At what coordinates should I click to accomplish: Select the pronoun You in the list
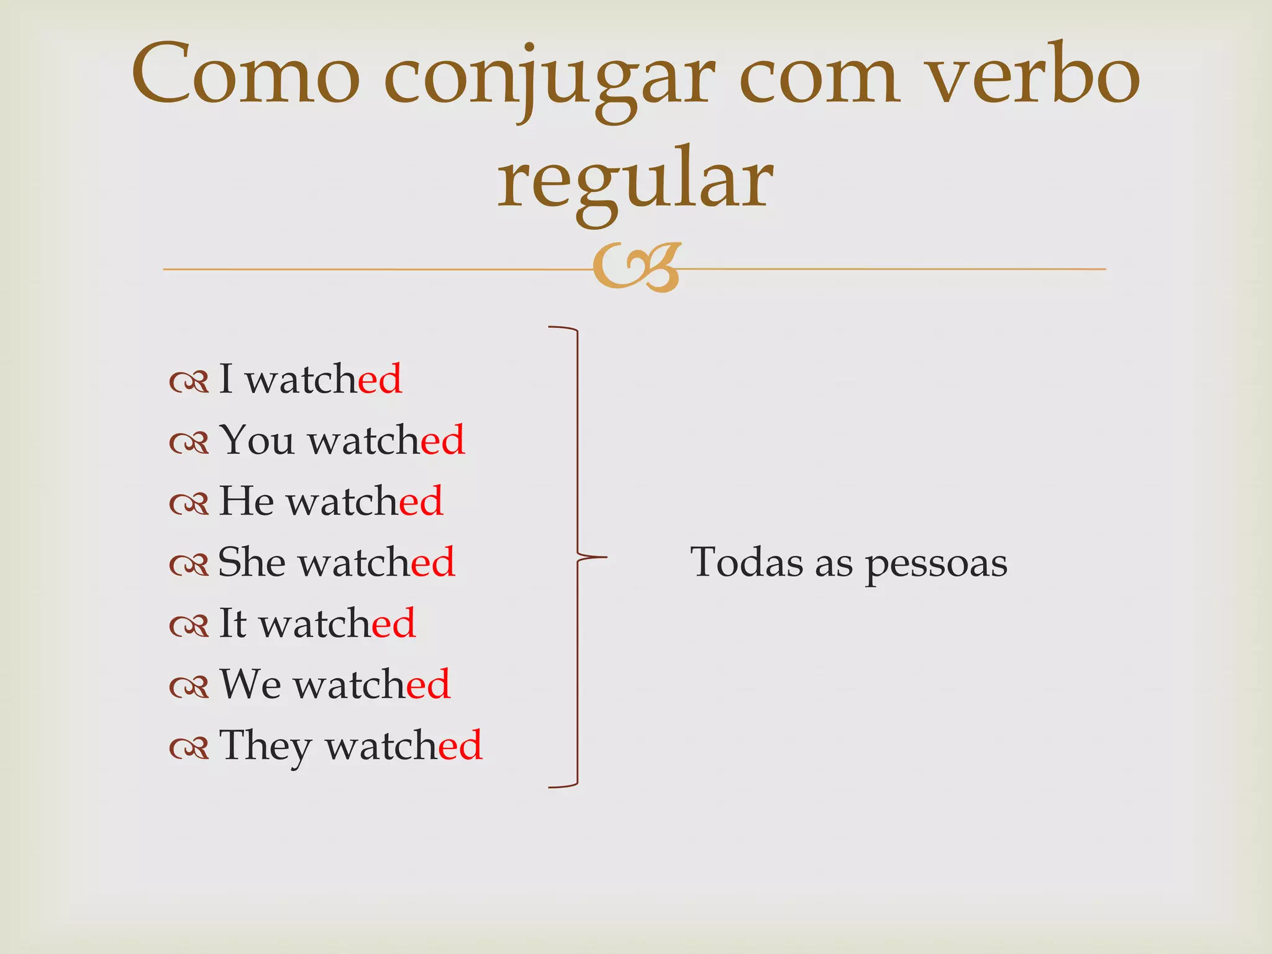click(257, 439)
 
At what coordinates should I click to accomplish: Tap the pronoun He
click(247, 500)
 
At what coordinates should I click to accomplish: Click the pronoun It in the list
click(233, 622)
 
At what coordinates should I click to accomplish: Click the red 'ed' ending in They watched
click(460, 744)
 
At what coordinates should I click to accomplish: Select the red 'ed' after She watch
click(433, 561)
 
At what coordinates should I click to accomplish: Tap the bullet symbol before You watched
click(189, 443)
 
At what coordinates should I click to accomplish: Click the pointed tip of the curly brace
click(605, 557)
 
